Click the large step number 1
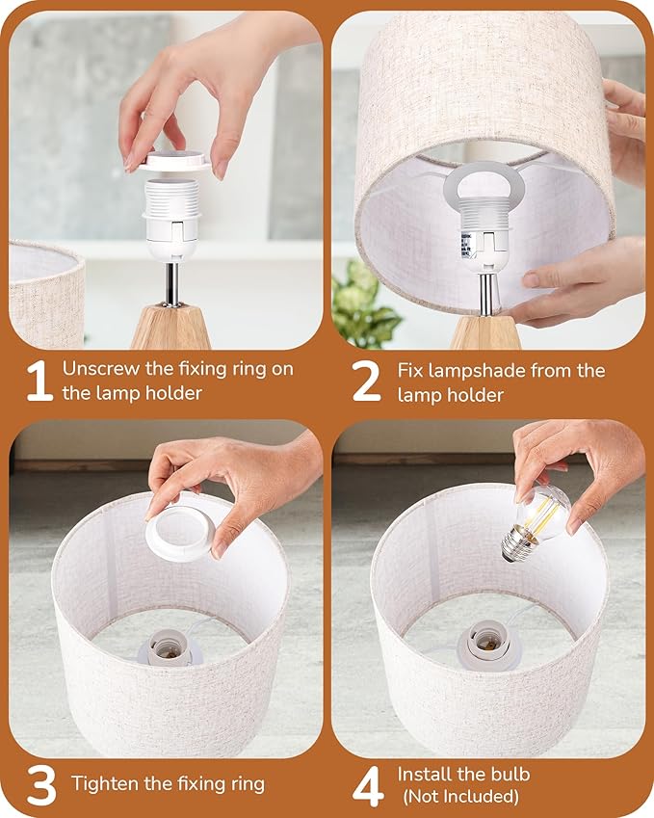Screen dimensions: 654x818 pos(40,381)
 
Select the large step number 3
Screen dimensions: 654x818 pos(41,784)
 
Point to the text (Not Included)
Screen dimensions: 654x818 pos(460,797)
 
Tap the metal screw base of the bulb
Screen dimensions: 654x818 pos(515,544)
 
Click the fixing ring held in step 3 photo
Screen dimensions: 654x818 pos(180,533)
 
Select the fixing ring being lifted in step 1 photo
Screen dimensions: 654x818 pos(173,161)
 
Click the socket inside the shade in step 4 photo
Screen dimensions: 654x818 pos(488,645)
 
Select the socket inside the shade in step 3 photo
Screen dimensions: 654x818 pos(170,647)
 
